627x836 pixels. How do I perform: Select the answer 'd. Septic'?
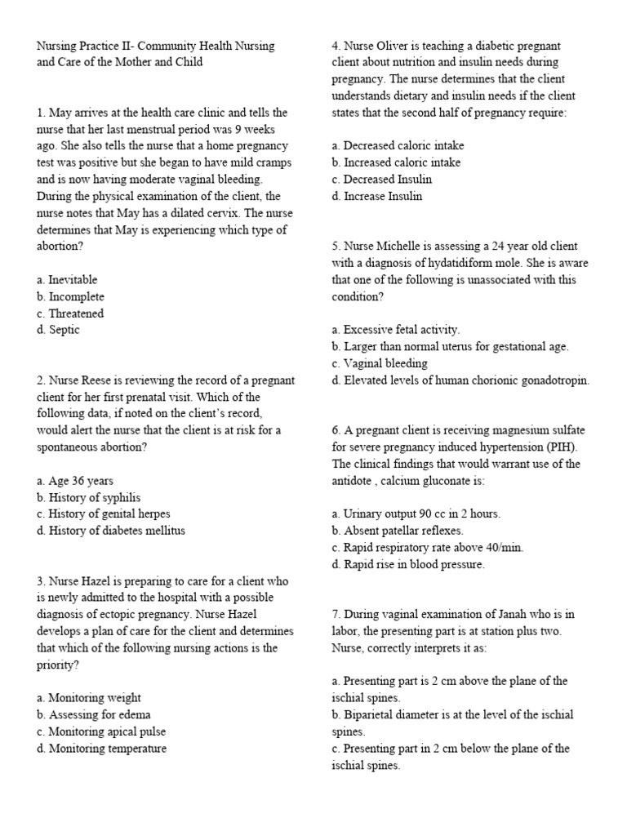pyautogui.click(x=58, y=330)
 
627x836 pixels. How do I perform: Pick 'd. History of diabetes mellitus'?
pyautogui.click(x=110, y=531)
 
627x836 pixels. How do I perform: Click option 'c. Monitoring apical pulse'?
pyautogui.click(x=100, y=731)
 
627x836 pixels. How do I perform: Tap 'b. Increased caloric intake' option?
pyautogui.click(x=396, y=162)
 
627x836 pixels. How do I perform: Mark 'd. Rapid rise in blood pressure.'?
pyautogui.click(x=408, y=564)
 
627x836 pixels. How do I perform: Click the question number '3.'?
pyautogui.click(x=41, y=581)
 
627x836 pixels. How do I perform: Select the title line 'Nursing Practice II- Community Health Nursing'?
pyautogui.click(x=155, y=46)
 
